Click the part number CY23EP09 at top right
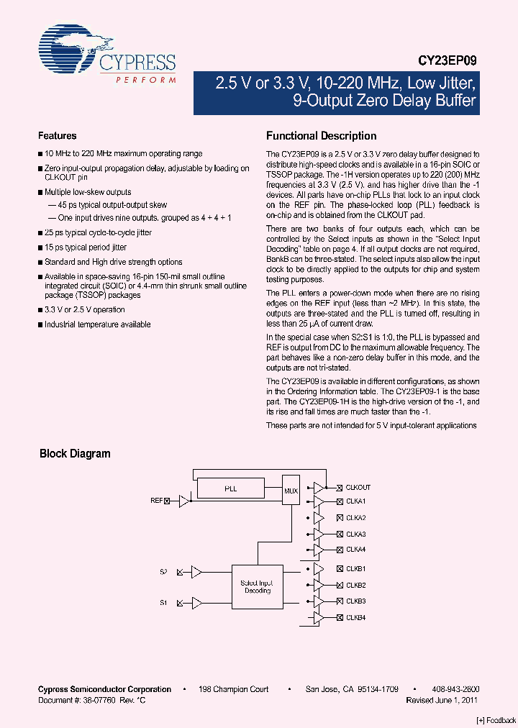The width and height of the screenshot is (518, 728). [x=447, y=62]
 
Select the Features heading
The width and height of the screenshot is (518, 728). [x=57, y=136]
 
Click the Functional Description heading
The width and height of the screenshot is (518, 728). [x=321, y=136]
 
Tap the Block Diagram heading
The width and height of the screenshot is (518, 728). [x=75, y=454]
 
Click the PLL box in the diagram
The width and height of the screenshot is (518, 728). [x=230, y=488]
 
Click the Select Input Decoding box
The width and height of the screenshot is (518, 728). [x=258, y=587]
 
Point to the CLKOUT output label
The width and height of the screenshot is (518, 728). [x=358, y=487]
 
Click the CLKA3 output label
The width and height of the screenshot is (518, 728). [x=355, y=534]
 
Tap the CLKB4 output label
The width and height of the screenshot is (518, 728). [x=355, y=617]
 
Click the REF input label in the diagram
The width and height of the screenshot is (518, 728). [x=156, y=500]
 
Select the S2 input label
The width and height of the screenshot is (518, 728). [x=163, y=572]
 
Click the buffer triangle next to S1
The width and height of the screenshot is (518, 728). [x=196, y=603]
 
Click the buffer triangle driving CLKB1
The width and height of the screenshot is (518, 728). [x=318, y=569]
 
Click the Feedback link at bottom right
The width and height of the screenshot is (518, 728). [x=496, y=720]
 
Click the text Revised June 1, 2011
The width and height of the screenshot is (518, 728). [x=441, y=699]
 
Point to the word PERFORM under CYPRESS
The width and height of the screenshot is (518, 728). [x=146, y=81]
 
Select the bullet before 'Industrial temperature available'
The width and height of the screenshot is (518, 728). [x=40, y=325]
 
